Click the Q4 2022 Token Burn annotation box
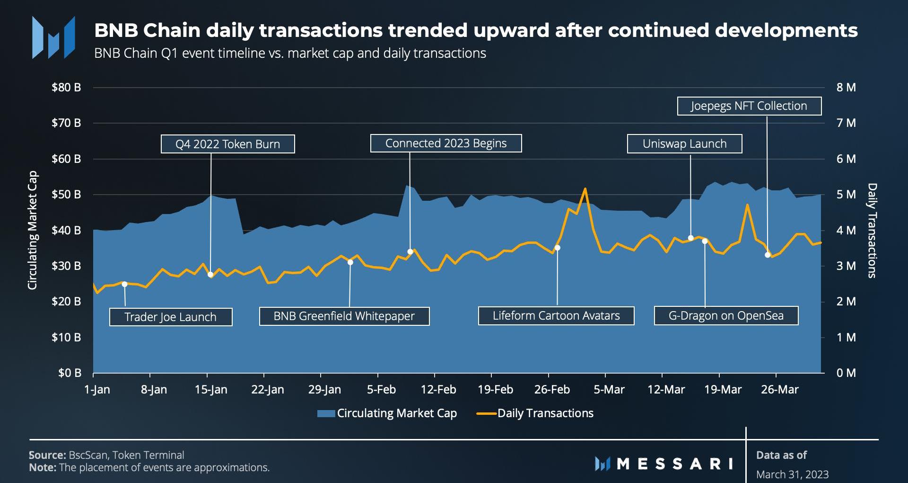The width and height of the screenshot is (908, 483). [227, 144]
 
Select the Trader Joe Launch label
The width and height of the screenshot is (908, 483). [170, 317]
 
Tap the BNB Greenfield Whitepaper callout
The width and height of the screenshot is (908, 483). [344, 316]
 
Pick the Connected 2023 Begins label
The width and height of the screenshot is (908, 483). [445, 143]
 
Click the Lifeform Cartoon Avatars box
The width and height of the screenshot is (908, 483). [556, 316]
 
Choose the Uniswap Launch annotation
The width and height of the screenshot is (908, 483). [684, 144]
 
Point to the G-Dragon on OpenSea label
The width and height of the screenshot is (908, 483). [726, 316]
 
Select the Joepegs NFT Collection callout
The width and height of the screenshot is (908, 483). [749, 106]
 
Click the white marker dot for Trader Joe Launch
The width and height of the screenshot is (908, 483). [124, 284]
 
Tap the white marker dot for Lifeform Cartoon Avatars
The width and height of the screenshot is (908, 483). [557, 248]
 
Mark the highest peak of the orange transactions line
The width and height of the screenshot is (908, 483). [585, 189]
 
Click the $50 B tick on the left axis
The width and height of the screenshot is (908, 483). [66, 195]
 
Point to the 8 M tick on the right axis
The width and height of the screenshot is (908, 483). [846, 88]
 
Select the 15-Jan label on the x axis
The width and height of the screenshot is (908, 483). [211, 390]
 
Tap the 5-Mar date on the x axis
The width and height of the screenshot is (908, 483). [609, 390]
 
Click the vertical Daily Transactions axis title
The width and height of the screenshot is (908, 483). [872, 231]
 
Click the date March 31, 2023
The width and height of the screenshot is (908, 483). [792, 474]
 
